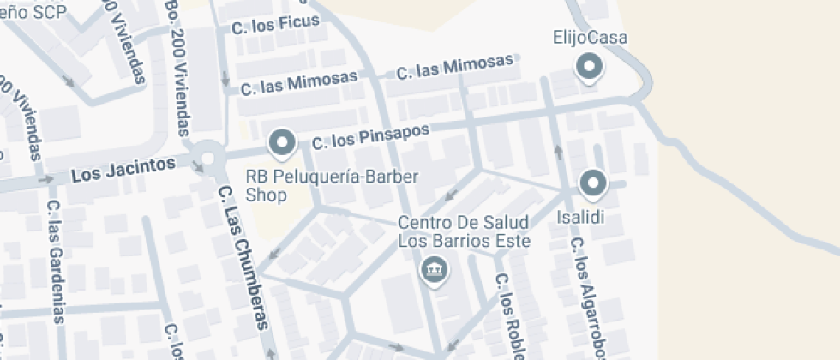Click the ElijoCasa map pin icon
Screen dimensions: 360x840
click(590, 67)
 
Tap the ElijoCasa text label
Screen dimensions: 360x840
click(591, 38)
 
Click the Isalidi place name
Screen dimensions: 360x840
click(581, 217)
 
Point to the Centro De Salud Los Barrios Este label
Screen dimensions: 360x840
click(464, 231)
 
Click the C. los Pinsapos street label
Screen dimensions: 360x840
click(369, 136)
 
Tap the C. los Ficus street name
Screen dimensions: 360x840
click(275, 24)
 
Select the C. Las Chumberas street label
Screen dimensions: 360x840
click(243, 256)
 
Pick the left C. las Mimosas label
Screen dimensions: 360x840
click(298, 82)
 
